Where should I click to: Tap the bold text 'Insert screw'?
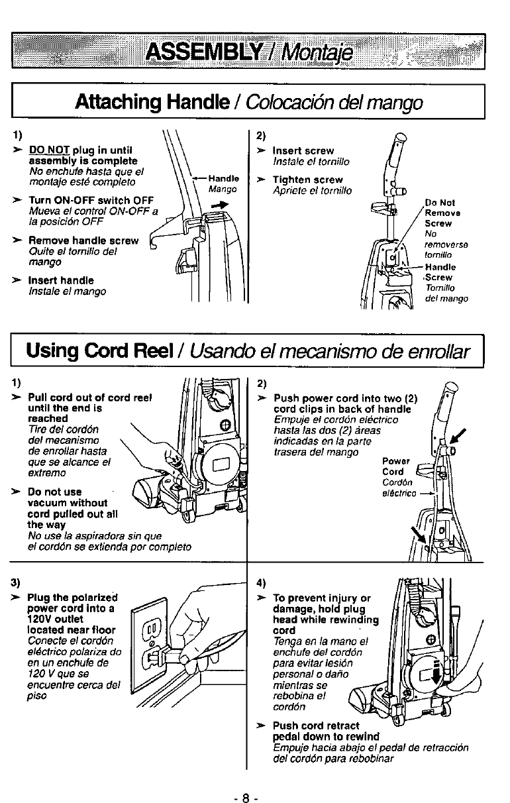[x=303, y=151]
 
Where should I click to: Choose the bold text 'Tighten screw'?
[x=307, y=180]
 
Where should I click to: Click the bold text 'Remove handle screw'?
[x=83, y=241]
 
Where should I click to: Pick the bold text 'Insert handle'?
[x=61, y=280]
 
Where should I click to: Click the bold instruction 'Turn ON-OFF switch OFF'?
[x=91, y=201]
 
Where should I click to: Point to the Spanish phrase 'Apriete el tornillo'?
[x=313, y=191]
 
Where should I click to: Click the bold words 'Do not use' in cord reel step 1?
[x=55, y=492]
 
